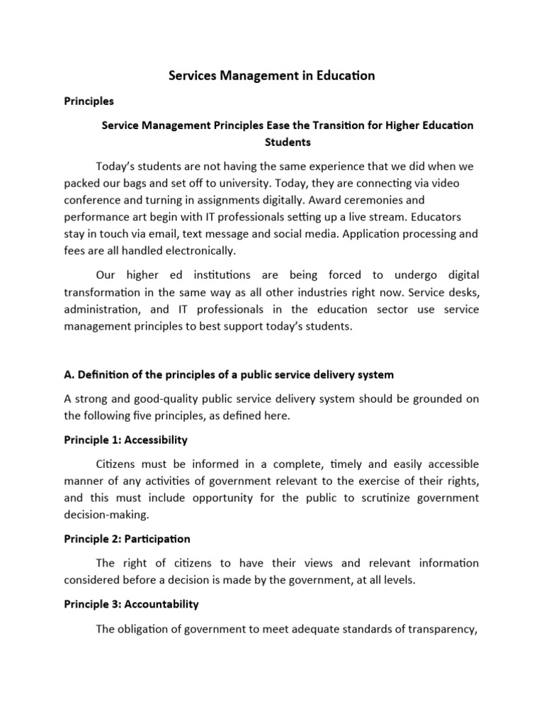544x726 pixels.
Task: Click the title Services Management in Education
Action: [272, 76]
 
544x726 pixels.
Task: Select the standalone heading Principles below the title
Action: [89, 101]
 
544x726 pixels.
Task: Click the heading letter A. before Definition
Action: [69, 374]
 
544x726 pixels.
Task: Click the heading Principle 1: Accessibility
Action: [125, 440]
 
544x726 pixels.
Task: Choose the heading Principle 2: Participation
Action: [127, 539]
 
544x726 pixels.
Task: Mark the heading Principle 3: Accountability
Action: [131, 604]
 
